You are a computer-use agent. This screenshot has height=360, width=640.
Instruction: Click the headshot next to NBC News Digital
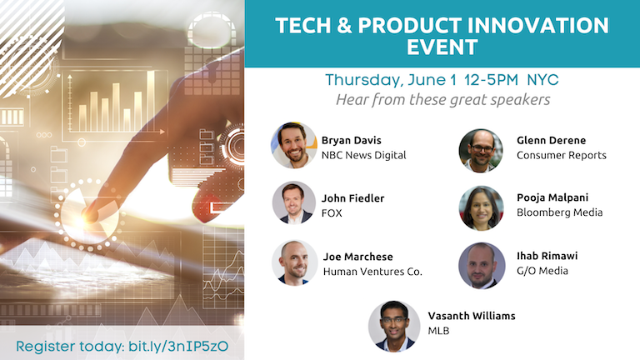(x=294, y=146)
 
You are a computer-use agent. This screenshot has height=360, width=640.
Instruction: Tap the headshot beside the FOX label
(x=294, y=204)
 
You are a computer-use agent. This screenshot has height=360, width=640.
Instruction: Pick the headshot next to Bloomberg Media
(x=481, y=207)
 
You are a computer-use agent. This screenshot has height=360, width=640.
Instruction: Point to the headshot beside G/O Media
(x=482, y=266)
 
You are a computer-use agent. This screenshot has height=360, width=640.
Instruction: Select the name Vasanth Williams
(x=471, y=316)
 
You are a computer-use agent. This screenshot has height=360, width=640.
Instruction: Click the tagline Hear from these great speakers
(x=442, y=100)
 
